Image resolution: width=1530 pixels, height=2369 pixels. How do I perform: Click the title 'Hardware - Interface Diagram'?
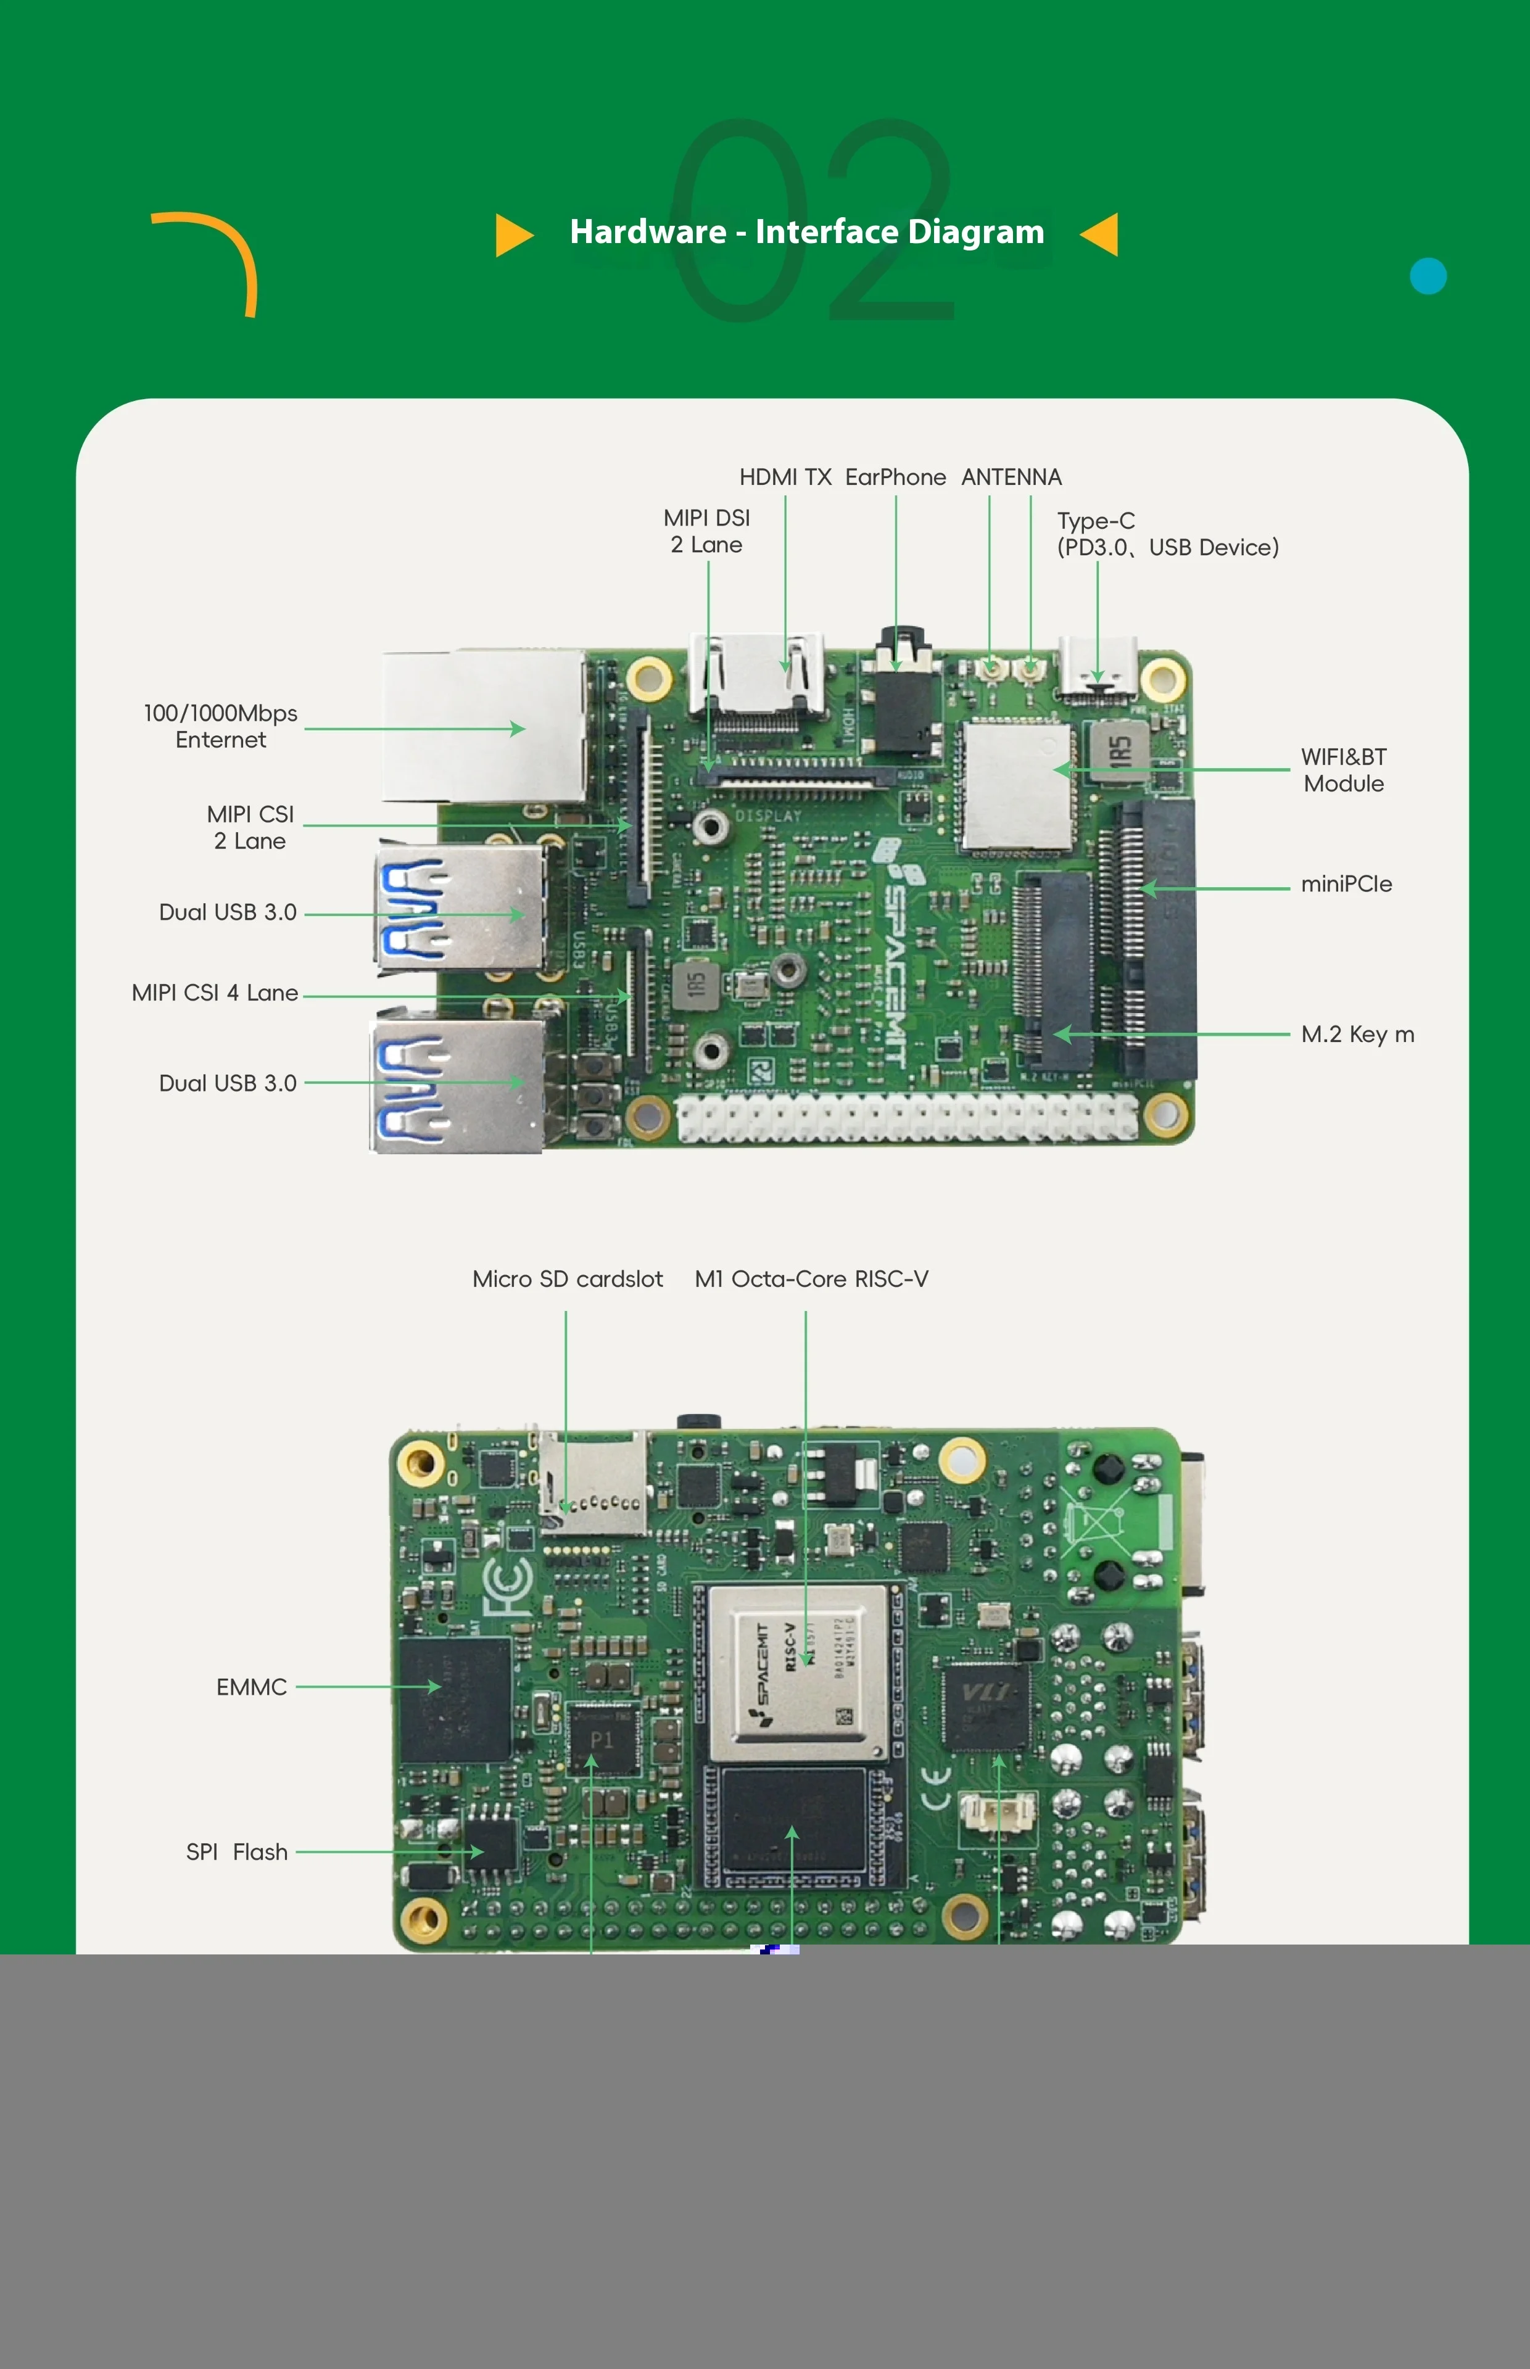807,233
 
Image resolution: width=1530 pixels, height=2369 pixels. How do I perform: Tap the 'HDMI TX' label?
785,478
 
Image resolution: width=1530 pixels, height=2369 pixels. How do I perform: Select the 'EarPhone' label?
895,478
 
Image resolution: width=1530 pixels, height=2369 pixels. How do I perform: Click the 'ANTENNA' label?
1011,478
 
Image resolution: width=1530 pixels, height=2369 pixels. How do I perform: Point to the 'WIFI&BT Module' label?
1343,770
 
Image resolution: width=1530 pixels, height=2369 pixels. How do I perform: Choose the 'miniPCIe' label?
1346,884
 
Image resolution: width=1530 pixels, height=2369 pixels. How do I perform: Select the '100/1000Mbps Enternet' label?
221,726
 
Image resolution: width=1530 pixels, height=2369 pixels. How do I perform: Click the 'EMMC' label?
251,1687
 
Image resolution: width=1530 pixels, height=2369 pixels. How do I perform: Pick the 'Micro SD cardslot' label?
568,1280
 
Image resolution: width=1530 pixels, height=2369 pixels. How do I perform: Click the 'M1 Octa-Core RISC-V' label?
812,1280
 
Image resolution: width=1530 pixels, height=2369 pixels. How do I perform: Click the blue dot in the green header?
1428,276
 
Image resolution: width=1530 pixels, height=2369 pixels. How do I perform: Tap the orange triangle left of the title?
513,234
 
